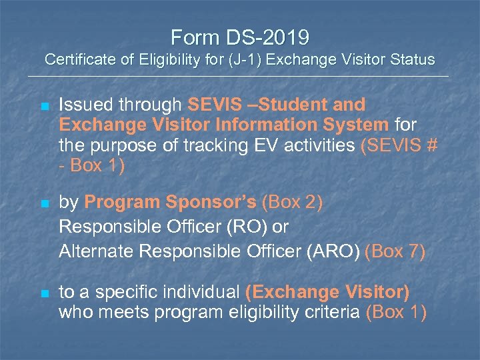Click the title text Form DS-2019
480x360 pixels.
click(240, 36)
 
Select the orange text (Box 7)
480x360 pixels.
click(395, 252)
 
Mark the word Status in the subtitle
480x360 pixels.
click(413, 60)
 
